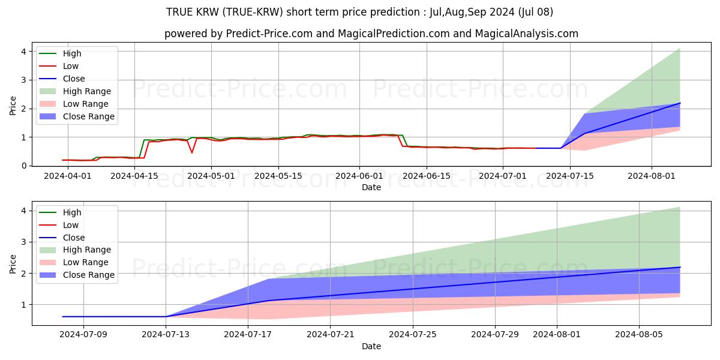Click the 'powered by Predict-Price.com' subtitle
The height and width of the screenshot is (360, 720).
(x=371, y=34)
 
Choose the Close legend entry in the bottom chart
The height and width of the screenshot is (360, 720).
(x=74, y=238)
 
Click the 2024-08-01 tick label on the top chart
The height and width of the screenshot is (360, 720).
(x=652, y=176)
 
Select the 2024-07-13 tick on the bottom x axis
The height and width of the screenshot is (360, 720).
(x=166, y=335)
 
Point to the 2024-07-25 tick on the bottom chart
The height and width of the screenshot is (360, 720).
(x=413, y=335)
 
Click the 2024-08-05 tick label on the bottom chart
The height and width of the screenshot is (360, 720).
(x=639, y=335)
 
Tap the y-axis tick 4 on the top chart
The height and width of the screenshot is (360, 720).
(x=24, y=52)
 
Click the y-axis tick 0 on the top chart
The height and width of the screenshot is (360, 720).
(x=24, y=166)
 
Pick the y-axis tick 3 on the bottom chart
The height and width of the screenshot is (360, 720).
(x=24, y=242)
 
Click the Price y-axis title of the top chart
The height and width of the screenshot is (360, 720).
(x=13, y=106)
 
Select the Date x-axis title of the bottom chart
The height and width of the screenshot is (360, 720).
(x=371, y=346)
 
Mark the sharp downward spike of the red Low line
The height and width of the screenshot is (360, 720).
(x=192, y=152)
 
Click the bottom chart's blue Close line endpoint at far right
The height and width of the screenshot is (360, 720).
(x=680, y=267)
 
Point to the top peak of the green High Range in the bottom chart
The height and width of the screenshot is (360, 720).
(x=680, y=208)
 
